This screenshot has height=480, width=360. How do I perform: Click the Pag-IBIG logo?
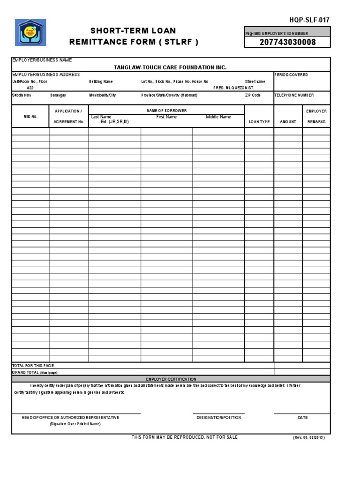pyautogui.click(x=30, y=33)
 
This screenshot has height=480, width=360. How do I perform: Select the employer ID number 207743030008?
pyautogui.click(x=288, y=43)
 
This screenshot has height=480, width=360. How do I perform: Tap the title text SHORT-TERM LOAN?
pyautogui.click(x=133, y=31)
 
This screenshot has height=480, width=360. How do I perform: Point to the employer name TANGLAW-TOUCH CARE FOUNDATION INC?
pyautogui.click(x=170, y=67)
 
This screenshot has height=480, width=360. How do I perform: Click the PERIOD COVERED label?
pyautogui.click(x=291, y=75)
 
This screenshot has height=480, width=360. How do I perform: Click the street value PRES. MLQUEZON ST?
pyautogui.click(x=234, y=88)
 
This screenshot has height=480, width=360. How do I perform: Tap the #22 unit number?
pyautogui.click(x=30, y=88)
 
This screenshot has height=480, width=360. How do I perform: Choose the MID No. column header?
pyautogui.click(x=30, y=116)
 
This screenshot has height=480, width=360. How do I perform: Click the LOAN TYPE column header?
pyautogui.click(x=259, y=122)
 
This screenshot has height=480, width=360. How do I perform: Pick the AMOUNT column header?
pyautogui.click(x=288, y=122)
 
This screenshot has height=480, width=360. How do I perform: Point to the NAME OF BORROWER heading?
pyautogui.click(x=166, y=111)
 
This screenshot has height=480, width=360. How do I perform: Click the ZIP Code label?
pyautogui.click(x=253, y=95)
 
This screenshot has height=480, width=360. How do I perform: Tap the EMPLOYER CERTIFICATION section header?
pyautogui.click(x=171, y=379)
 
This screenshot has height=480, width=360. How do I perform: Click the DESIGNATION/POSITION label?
pyautogui.click(x=218, y=418)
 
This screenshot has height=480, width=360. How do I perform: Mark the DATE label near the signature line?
pyautogui.click(x=302, y=418)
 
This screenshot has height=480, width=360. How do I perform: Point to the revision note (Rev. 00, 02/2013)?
pyautogui.click(x=308, y=437)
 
